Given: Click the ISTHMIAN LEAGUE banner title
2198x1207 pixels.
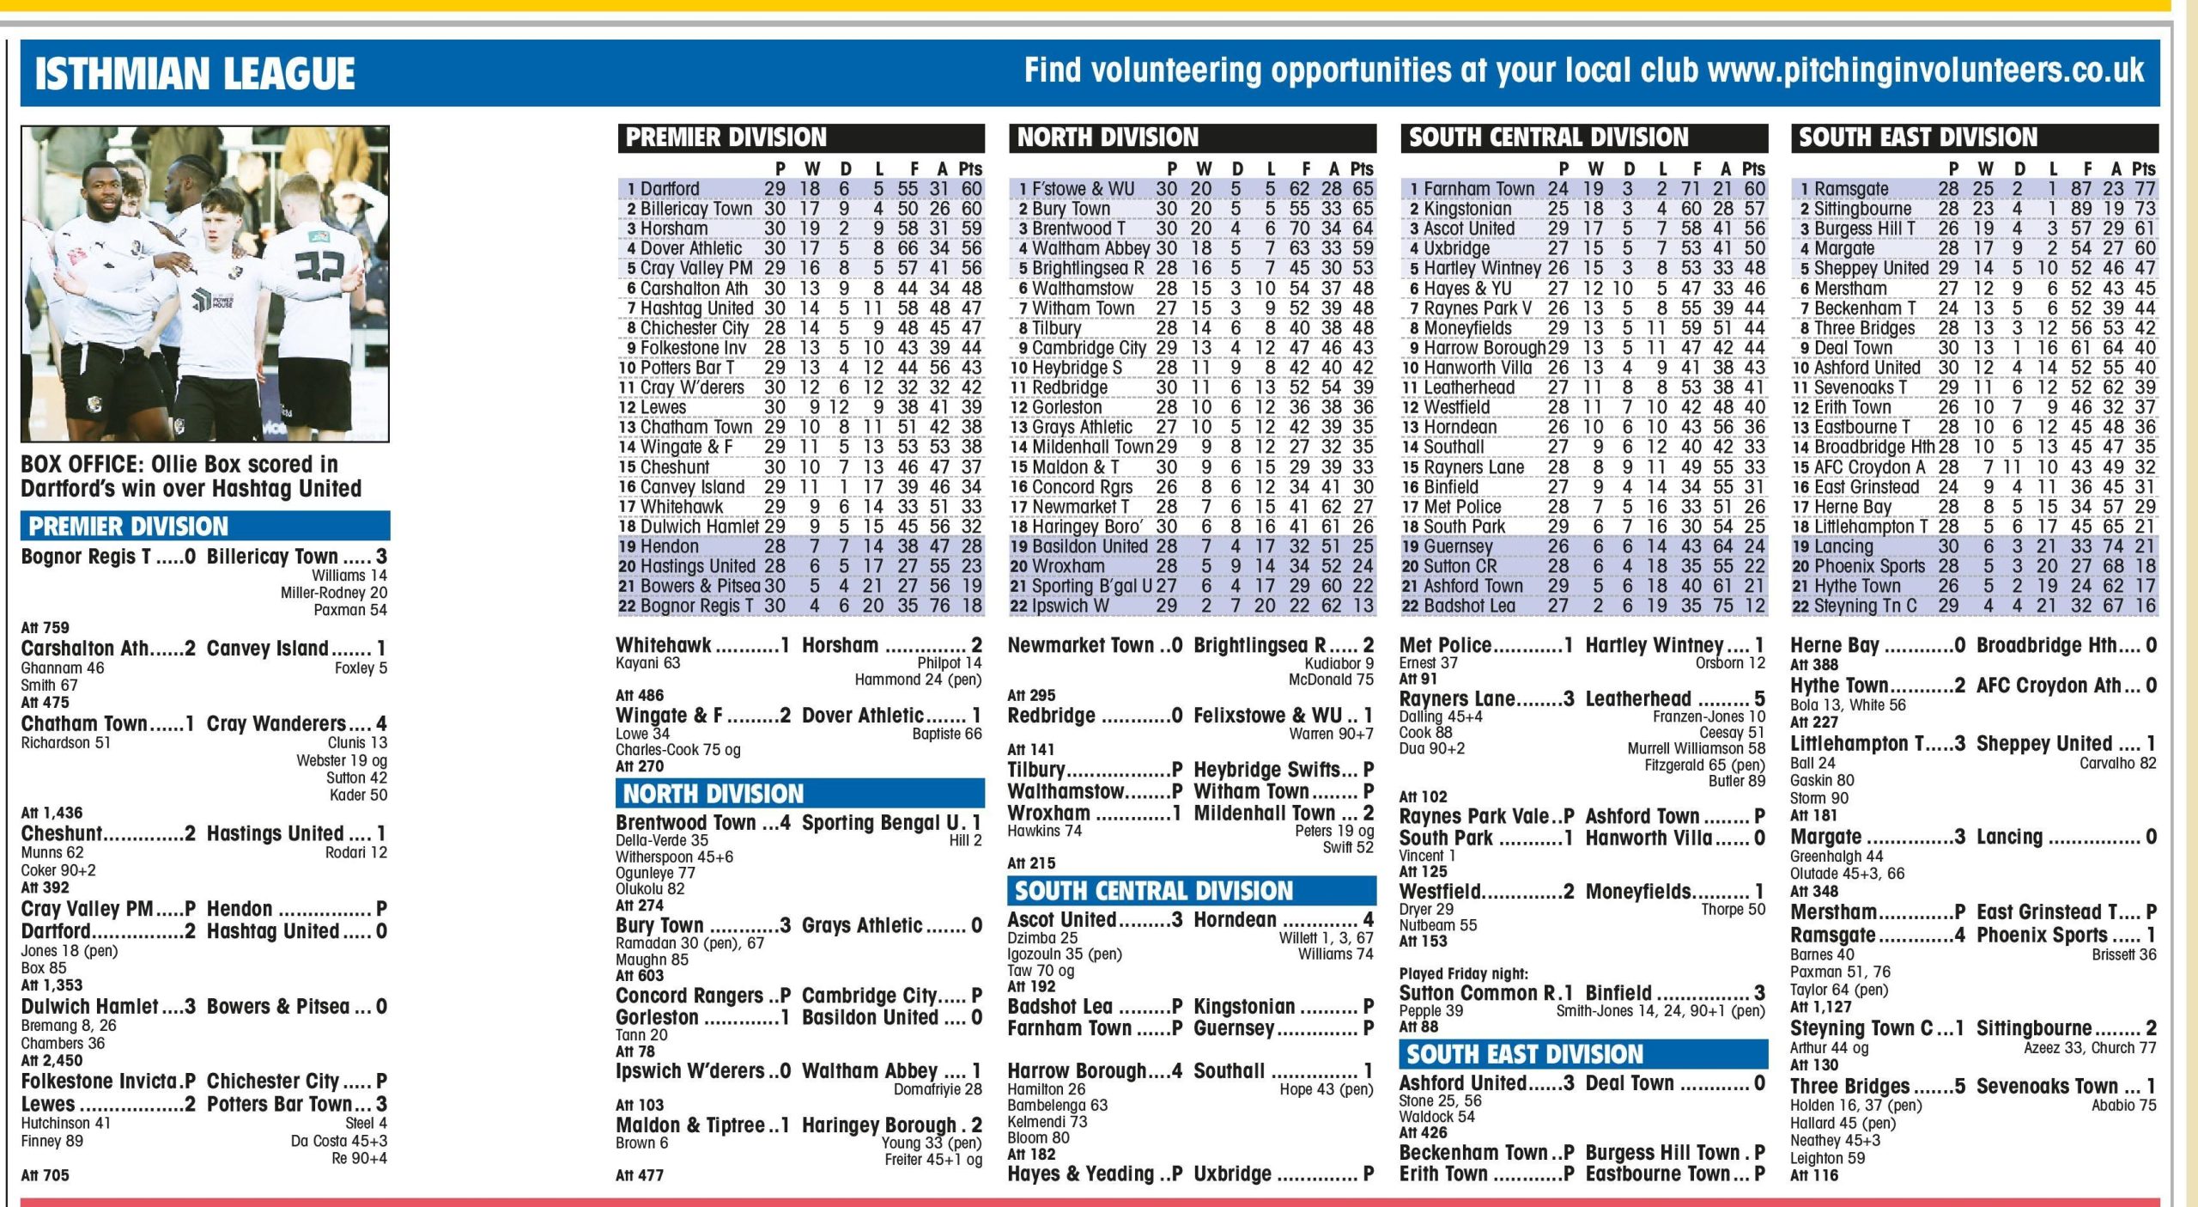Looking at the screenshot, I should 195,74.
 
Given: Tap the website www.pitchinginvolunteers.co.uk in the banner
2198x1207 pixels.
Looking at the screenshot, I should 1925,70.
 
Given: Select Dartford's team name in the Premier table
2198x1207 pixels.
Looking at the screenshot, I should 670,189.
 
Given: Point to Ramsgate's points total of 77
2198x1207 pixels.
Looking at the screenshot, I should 2145,189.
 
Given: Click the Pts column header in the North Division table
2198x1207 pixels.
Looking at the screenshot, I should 1361,169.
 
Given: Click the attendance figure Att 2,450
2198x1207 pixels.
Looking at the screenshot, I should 52,1061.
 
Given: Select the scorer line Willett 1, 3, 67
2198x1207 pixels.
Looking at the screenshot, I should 1326,938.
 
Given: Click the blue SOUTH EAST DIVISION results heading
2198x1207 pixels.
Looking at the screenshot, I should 1524,1054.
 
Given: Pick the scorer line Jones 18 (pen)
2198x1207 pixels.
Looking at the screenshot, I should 70,951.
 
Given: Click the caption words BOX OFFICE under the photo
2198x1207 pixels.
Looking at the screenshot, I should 82,465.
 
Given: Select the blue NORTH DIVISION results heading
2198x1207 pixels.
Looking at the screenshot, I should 713,794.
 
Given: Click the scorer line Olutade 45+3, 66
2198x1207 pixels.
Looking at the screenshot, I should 1847,874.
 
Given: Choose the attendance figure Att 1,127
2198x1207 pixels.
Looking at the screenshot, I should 1820,1007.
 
